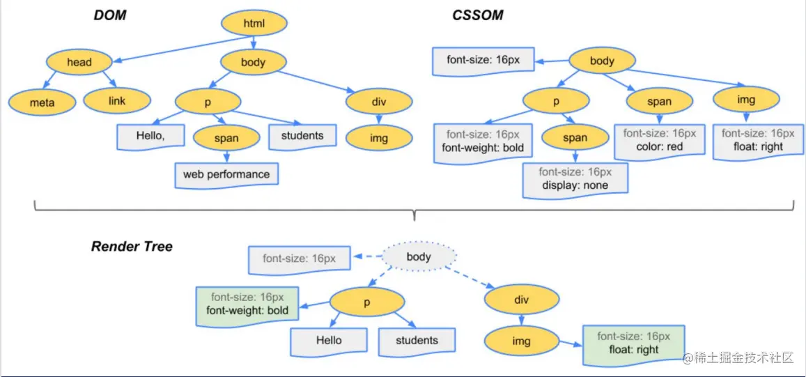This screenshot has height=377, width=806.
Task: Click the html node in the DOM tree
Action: click(x=254, y=22)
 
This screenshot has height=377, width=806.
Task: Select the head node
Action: click(x=79, y=63)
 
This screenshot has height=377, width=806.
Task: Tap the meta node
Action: click(x=42, y=102)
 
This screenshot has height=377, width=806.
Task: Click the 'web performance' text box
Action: click(x=226, y=174)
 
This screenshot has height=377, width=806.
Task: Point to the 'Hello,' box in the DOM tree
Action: click(x=151, y=137)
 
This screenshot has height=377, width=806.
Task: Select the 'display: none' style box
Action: click(x=575, y=179)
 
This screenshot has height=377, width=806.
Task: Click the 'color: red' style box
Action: click(x=660, y=140)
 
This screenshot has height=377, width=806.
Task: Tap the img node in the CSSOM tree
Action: click(x=746, y=100)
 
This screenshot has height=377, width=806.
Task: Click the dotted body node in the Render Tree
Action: click(x=419, y=256)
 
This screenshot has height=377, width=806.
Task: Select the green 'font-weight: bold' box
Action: click(x=247, y=305)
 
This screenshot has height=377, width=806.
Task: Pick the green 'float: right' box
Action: click(x=634, y=344)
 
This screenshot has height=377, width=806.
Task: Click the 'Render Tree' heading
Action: click(x=132, y=247)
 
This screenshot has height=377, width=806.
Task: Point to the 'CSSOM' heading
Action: click(x=478, y=15)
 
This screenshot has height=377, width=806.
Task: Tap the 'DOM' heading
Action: click(x=110, y=15)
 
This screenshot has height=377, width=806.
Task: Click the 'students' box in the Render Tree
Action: click(x=417, y=341)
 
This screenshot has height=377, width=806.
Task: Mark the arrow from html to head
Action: click(x=183, y=49)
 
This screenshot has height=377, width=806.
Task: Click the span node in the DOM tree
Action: click(x=226, y=137)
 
